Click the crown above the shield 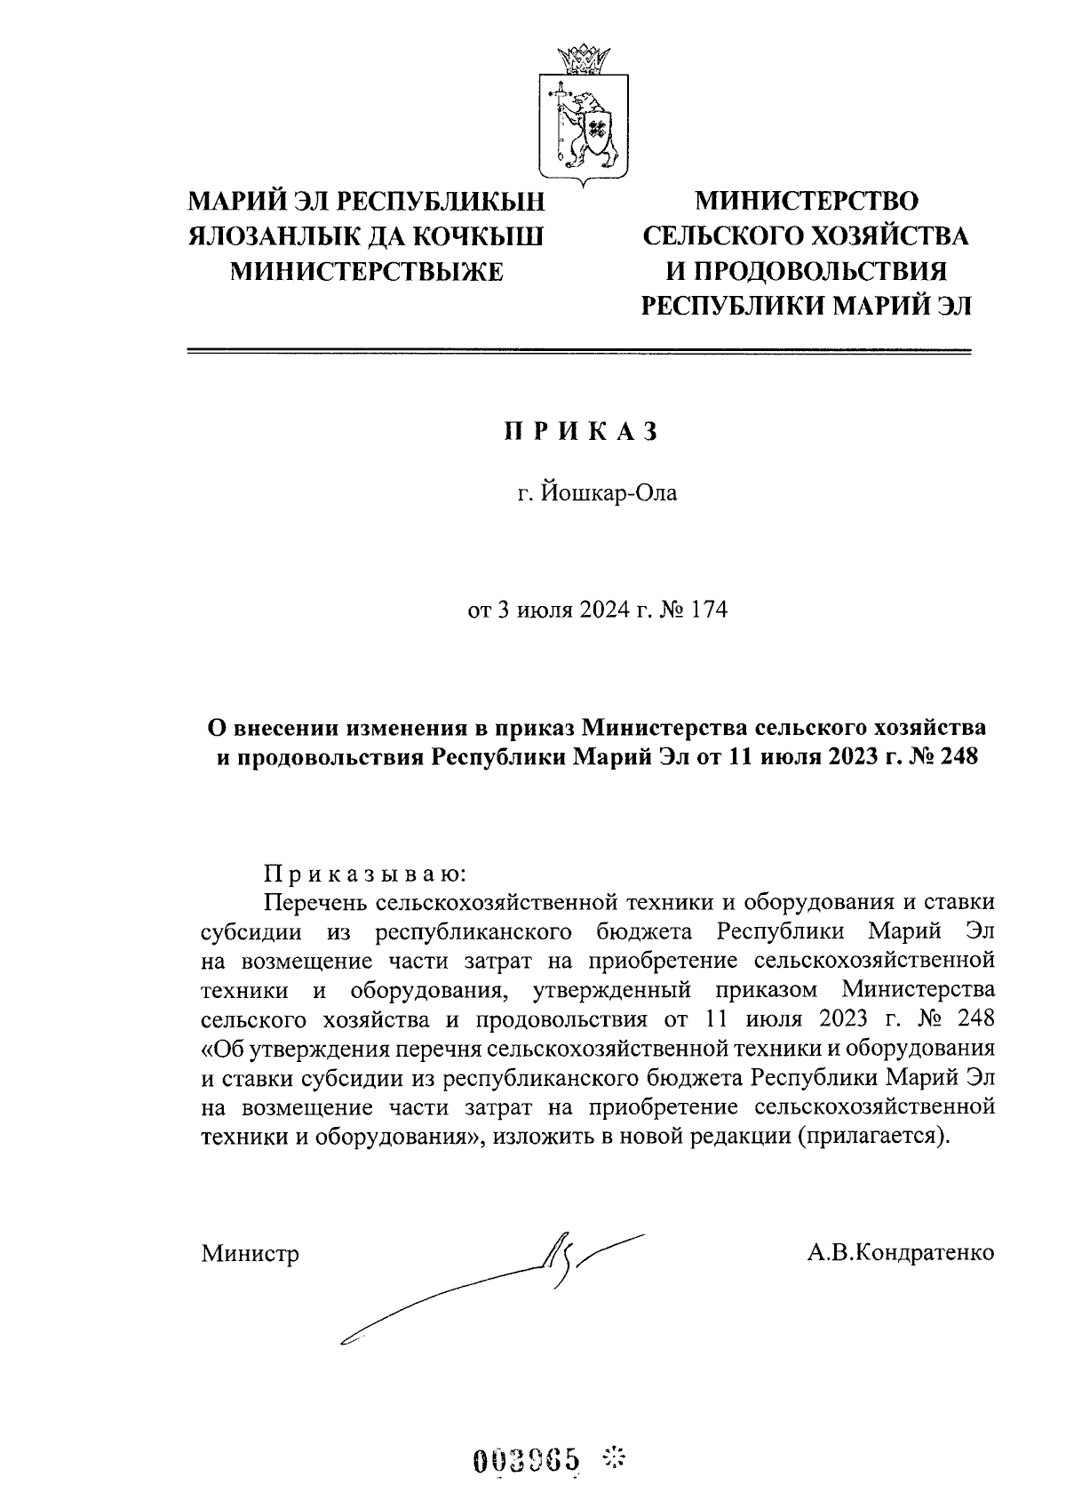pos(584,59)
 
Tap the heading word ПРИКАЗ pos(583,431)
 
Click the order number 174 pos(706,611)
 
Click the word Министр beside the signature pos(250,1253)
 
